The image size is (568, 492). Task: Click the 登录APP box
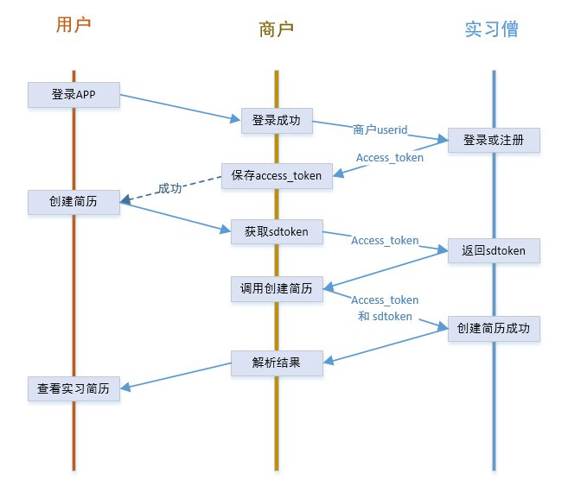(73, 95)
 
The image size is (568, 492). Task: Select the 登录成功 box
(276, 121)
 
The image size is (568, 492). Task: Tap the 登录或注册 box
(494, 140)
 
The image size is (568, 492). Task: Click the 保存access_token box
(276, 176)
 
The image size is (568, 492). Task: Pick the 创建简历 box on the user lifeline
(73, 202)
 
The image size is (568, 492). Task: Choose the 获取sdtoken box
(276, 232)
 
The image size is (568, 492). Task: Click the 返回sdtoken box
(494, 251)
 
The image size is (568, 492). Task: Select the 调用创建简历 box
(277, 289)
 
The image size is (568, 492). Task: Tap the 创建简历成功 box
(494, 329)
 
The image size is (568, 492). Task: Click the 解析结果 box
(277, 363)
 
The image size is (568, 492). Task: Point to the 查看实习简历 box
(73, 389)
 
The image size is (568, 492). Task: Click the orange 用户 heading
(73, 25)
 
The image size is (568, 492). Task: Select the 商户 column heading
(276, 29)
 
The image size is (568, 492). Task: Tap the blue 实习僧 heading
(492, 29)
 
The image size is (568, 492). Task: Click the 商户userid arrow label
(380, 129)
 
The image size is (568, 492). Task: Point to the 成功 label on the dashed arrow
(169, 188)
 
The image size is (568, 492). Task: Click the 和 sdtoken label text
(385, 316)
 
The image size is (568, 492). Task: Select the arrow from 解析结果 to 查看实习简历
(176, 376)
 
